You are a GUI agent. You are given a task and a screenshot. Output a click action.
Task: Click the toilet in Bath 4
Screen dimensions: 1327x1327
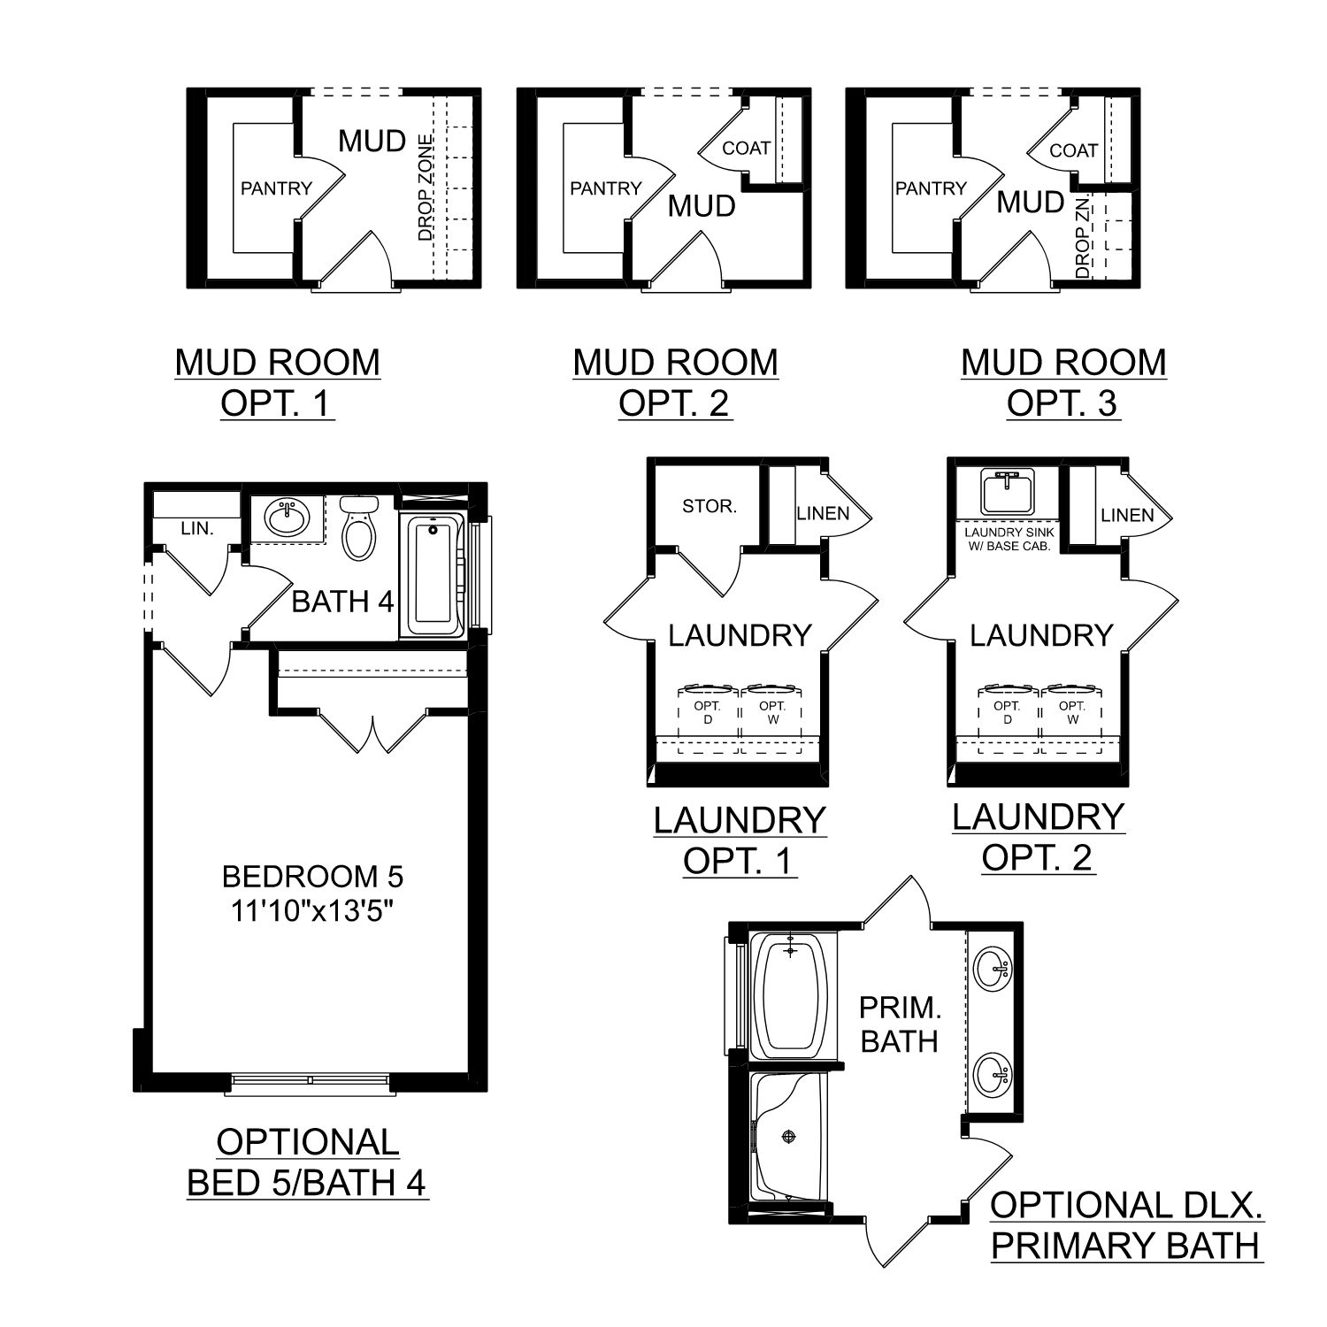358,528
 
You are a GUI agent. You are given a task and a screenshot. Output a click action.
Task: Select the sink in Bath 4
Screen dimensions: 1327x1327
285,517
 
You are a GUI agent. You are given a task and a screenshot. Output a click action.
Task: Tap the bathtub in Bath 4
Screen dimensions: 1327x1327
433,575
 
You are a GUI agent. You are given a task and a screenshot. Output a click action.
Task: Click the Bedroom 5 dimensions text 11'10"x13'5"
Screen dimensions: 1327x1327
312,910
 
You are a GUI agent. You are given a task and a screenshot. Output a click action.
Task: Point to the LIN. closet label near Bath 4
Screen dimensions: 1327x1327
196,528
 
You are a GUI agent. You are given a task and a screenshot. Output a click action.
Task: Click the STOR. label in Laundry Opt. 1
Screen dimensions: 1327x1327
709,507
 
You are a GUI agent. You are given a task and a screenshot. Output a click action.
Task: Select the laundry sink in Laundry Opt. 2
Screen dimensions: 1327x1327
1007,492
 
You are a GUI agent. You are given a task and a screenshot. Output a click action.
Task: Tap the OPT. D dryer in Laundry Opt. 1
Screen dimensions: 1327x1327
708,713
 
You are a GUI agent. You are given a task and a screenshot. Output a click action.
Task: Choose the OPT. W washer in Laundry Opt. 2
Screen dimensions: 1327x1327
1072,713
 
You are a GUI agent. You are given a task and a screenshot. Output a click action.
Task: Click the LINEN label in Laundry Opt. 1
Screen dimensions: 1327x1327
823,513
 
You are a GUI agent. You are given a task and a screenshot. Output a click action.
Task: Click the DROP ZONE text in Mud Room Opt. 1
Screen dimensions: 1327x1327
426,188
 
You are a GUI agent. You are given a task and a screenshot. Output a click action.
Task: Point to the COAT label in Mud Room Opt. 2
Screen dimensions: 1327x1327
746,149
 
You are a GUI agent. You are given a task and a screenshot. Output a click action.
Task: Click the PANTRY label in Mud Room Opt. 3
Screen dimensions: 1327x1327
931,188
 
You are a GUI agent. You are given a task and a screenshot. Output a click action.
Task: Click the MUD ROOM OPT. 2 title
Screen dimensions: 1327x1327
676,382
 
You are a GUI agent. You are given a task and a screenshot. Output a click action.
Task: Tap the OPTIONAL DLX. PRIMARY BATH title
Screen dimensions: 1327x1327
1126,1225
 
